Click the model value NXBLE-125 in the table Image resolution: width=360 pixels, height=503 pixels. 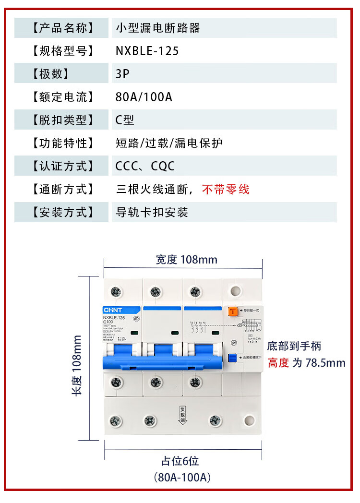pos(147,51)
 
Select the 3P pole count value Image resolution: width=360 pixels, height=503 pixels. pos(122,74)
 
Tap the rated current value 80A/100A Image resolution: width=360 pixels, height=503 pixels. pos(144,97)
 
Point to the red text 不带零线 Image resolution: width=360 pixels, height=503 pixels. pos(226,189)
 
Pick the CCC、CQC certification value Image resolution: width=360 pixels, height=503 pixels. pos(145,166)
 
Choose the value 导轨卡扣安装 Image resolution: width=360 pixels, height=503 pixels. pos(152,212)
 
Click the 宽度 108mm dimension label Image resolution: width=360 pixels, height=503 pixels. pos(186,260)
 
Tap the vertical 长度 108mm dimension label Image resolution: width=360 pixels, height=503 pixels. pos(77,365)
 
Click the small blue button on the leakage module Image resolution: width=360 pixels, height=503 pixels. pos(232,358)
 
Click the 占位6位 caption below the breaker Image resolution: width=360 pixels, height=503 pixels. pos(180,461)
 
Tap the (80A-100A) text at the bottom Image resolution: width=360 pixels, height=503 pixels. pos(183,478)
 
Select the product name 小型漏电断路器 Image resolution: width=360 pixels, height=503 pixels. pos(158,28)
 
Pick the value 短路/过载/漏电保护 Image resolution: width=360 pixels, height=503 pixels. pos(169,143)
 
